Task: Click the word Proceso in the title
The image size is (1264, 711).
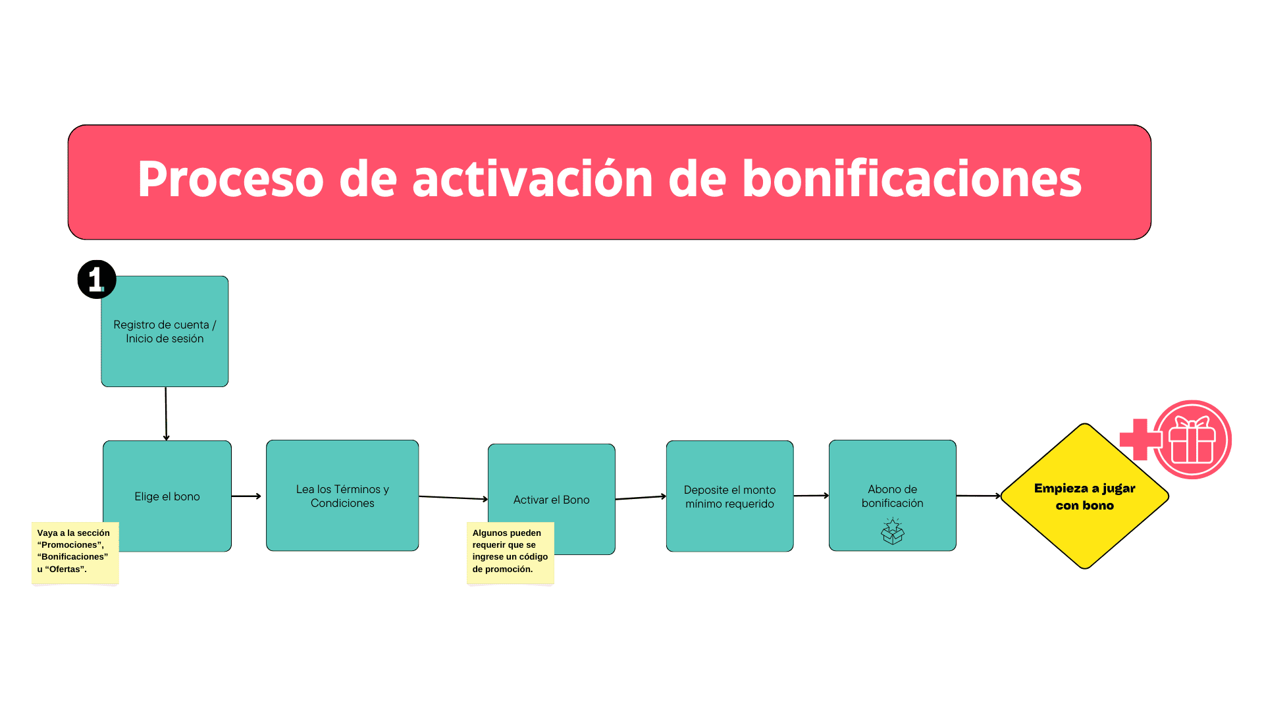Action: [230, 179]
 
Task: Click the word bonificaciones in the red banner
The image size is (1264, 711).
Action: [911, 179]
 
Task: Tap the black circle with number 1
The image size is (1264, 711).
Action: [97, 279]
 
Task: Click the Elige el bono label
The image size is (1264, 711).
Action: [167, 496]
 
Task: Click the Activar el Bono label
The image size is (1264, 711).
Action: [552, 500]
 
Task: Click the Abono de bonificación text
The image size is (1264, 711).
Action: [892, 496]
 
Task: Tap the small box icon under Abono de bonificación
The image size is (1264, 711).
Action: [893, 531]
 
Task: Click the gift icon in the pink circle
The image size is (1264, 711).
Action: [1192, 440]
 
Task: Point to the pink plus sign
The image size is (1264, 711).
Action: [1140, 439]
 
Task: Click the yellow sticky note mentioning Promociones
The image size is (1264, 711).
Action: [75, 552]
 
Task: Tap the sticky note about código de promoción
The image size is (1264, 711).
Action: [510, 552]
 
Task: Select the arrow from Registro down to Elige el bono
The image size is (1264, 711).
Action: [166, 413]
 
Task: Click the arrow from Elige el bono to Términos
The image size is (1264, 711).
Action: [246, 496]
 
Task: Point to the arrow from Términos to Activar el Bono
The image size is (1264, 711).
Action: [453, 498]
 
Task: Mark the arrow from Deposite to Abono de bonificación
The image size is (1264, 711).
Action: [811, 496]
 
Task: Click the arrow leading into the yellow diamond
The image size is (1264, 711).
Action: [978, 496]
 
